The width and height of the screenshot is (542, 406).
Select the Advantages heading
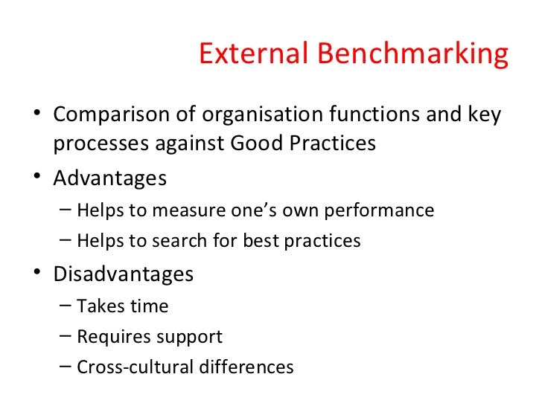(110, 179)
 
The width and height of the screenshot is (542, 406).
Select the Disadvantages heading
(124, 274)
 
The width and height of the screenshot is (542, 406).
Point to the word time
(150, 306)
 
